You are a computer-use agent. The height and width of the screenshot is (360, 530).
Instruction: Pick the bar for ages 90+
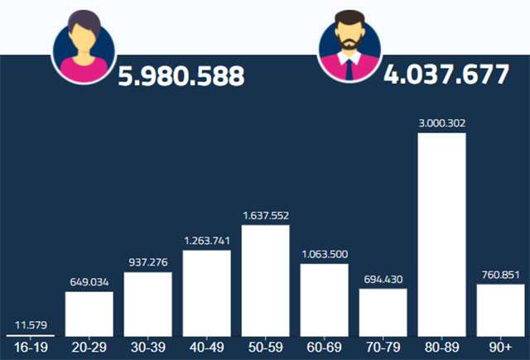pos(500,310)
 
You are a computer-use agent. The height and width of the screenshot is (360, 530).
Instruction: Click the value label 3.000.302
pos(441,123)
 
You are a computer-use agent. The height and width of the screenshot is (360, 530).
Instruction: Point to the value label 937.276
pos(147,262)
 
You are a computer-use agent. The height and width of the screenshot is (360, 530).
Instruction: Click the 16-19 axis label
pos(30,348)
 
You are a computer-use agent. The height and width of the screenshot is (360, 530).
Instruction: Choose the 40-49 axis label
pos(206,348)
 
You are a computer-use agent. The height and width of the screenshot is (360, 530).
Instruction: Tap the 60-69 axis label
pos(324,348)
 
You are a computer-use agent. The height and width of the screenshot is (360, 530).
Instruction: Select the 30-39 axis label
pos(147,348)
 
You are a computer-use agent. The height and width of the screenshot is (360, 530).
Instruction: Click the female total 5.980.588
pos(181,76)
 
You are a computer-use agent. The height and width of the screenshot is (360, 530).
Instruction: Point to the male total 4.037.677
pos(446,75)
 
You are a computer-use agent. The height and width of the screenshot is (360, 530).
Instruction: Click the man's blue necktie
pos(349,70)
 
